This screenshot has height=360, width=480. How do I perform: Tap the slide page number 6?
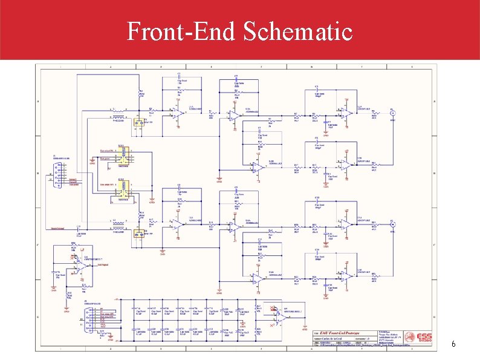(453, 344)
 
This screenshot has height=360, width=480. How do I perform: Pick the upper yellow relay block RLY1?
(123, 156)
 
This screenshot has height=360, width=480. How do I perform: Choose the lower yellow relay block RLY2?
(123, 190)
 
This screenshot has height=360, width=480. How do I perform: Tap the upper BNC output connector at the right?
(393, 113)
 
